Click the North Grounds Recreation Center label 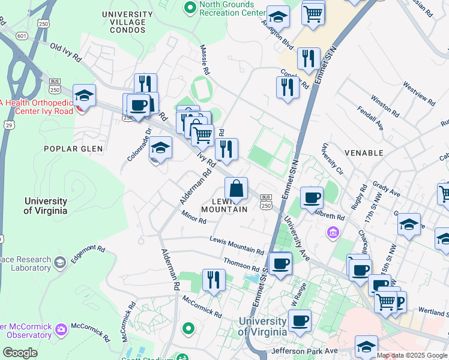coord(232,8)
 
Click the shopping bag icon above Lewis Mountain coord(237,189)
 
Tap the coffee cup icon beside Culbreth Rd coord(311,198)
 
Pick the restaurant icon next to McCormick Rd coord(213,280)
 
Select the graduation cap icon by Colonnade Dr coord(160,149)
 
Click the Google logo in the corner coord(20,353)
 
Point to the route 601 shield coord(22,36)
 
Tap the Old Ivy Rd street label coord(65,52)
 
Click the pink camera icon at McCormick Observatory coord(61,329)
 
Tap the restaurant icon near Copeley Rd coord(288,88)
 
